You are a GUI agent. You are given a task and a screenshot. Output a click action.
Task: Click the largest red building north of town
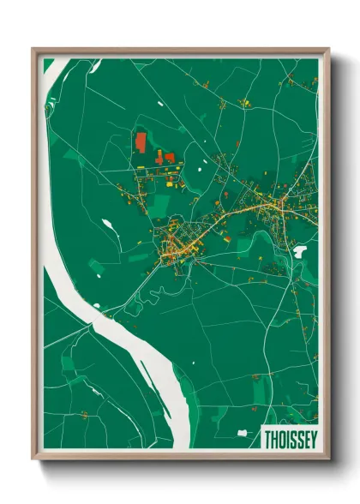click(x=141, y=141)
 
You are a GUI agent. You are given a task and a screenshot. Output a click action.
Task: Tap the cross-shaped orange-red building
click(x=168, y=158)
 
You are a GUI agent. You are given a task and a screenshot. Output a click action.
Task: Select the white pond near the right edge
click(x=299, y=252)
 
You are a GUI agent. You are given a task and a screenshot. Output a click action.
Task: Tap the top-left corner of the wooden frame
click(x=33, y=50)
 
